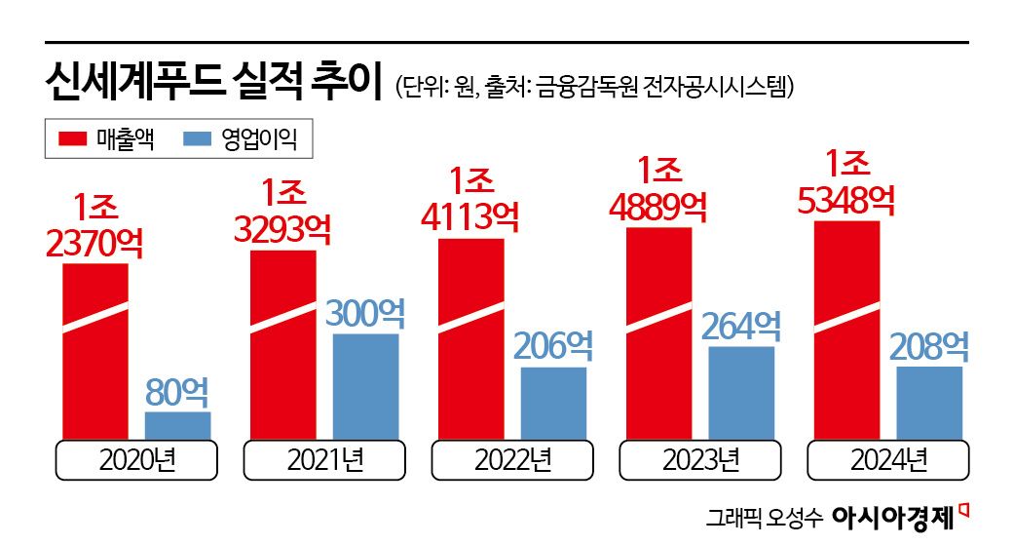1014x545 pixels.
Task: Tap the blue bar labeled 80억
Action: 177,425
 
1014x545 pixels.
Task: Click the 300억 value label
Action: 365,313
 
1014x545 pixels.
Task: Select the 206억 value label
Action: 553,346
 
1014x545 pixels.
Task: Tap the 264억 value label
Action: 741,326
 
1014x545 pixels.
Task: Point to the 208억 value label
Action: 929,346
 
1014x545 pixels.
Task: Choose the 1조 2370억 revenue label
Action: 94,225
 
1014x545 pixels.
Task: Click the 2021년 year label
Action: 324,459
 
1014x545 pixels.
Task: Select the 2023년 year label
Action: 700,459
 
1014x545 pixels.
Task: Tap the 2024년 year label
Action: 888,459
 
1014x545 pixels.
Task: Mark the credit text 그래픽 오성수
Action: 765,516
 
